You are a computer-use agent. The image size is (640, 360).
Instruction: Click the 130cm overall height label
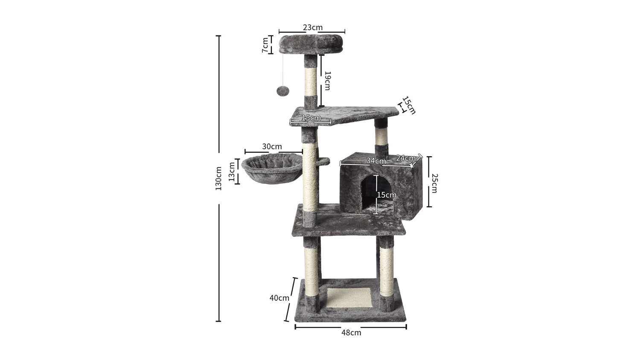click(x=218, y=178)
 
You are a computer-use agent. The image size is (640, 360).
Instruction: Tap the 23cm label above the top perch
click(x=313, y=27)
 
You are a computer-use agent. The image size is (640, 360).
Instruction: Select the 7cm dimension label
click(x=265, y=45)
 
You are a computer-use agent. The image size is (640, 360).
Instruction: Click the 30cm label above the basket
click(x=272, y=147)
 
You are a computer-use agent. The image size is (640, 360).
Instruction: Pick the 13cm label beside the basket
click(x=232, y=171)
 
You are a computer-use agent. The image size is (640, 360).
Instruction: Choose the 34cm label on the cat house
click(x=376, y=161)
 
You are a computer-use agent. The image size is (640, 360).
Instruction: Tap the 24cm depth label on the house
click(x=406, y=158)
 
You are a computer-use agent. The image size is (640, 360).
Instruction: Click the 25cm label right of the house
click(x=434, y=183)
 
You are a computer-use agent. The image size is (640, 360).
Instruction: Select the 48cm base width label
click(x=351, y=333)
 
